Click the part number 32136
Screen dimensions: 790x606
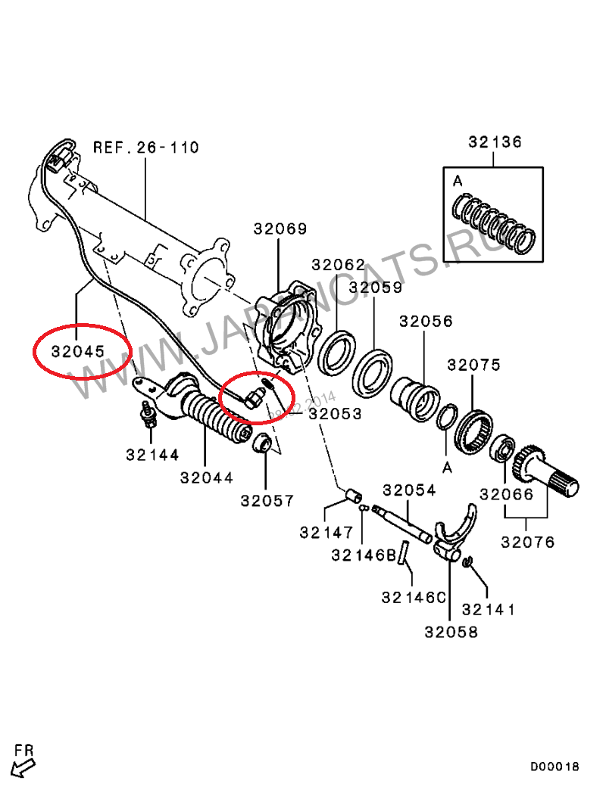pos(495,142)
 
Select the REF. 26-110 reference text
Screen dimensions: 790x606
pos(145,147)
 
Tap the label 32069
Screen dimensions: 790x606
pos(280,229)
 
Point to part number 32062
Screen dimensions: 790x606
pos(338,264)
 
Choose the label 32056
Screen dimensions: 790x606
pos(426,321)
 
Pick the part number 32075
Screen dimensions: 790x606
pos(473,365)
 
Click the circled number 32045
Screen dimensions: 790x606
pos(79,351)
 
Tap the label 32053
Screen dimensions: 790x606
pos(335,414)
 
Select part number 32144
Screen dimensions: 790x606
pos(152,455)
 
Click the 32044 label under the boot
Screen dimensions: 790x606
pos(206,477)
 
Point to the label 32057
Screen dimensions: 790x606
pos(267,500)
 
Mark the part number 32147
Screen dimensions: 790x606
pos(326,532)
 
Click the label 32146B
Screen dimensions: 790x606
pos(364,555)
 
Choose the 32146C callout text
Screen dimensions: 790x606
pos(414,597)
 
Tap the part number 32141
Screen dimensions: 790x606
pos(489,609)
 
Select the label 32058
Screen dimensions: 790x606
pos(451,632)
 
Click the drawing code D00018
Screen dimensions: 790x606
pos(554,767)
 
